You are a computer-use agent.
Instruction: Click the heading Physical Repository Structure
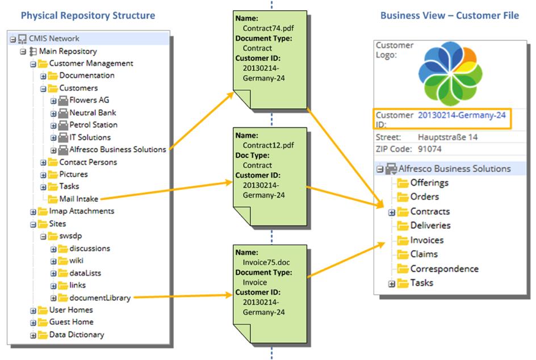88,16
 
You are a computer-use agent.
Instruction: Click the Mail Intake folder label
78,199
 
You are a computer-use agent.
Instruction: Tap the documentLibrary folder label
100,298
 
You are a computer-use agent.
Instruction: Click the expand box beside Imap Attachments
33,212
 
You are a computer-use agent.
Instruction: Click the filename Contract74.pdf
268,28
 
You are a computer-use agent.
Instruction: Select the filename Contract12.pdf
268,145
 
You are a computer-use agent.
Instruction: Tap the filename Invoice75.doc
266,262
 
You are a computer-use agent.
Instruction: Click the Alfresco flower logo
450,73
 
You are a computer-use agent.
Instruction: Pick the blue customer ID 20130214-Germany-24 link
462,115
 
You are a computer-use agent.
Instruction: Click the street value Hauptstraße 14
447,137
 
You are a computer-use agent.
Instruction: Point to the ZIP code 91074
429,149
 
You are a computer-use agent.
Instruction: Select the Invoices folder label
426,240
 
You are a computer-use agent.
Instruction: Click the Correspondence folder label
444,269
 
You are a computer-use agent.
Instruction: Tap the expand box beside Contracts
392,212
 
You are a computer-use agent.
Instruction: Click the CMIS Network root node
54,38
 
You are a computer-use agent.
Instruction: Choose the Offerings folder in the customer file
429,183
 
